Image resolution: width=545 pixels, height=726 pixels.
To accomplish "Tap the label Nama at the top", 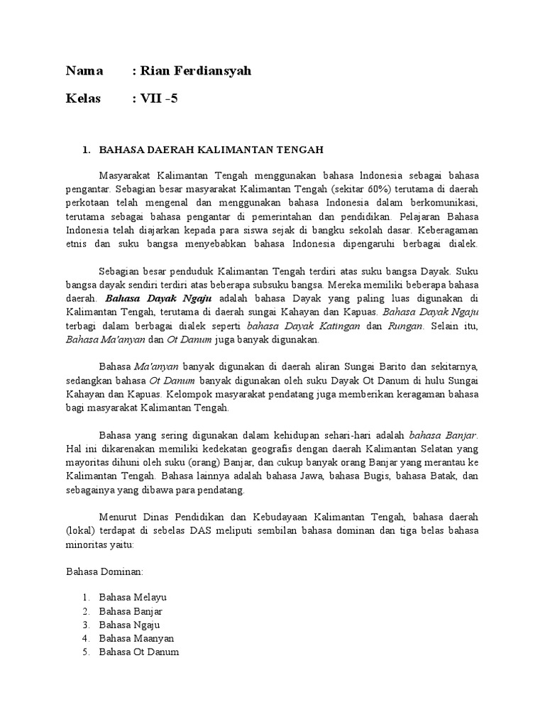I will pos(84,71).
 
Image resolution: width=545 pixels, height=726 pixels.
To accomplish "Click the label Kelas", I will pos(84,98).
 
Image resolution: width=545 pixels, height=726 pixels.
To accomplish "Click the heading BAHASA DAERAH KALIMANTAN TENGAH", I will pos(211,150).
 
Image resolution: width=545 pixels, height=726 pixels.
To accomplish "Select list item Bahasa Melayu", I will pos(133,597).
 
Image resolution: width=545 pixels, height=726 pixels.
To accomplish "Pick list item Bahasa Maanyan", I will pos(137,638).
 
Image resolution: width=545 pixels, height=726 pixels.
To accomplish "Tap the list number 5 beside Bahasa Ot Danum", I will pos(85,652).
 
